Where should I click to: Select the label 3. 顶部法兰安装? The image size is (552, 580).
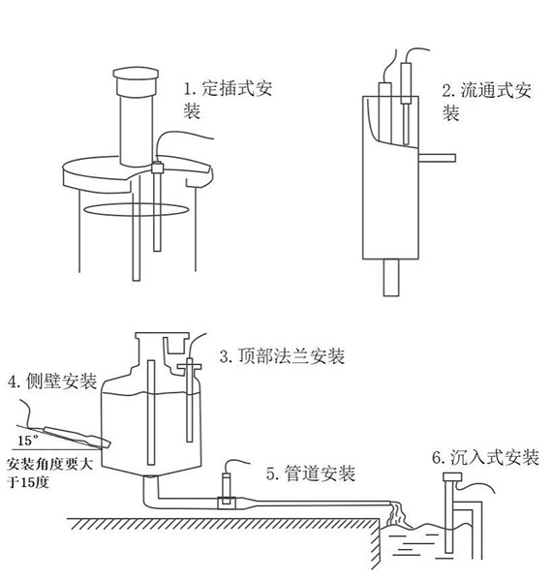[281, 356]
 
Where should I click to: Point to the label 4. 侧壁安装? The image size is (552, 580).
[51, 382]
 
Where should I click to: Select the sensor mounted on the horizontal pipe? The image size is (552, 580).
[227, 484]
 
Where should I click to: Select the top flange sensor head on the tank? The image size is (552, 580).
[188, 366]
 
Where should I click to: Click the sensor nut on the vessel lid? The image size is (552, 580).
[155, 168]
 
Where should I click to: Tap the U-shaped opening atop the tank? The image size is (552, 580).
[175, 345]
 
